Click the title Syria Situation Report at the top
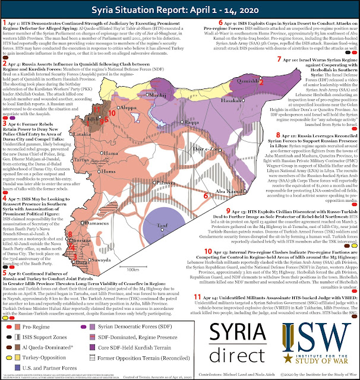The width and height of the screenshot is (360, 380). click(179, 9)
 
